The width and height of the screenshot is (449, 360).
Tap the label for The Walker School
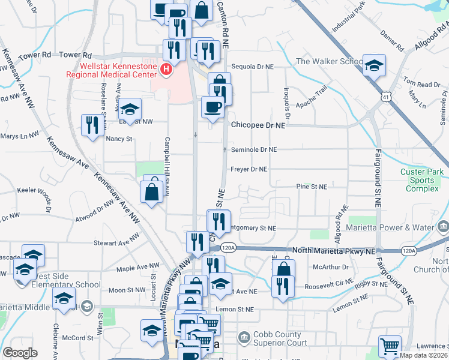pos(329,61)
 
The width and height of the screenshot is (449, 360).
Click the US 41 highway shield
pos(382,95)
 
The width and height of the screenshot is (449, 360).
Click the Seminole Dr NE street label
pos(254,149)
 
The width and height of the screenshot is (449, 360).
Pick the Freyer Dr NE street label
pos(249,169)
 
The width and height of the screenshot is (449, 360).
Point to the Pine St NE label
pos(312,187)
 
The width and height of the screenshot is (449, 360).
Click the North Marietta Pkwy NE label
pos(334,250)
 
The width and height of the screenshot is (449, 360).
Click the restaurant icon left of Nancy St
pos(92,125)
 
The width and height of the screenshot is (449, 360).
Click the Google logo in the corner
pos(20,353)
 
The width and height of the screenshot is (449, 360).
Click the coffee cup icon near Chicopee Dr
pos(212,107)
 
